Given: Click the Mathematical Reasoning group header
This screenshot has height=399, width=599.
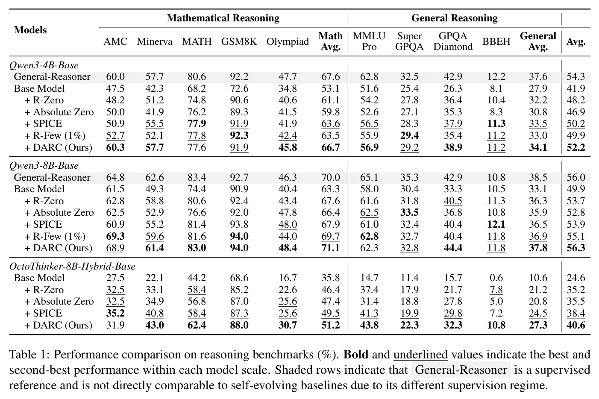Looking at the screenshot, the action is click(223, 18).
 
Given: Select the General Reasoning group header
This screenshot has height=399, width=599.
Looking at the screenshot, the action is click(454, 18).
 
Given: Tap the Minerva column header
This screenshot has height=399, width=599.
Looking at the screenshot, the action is click(155, 41).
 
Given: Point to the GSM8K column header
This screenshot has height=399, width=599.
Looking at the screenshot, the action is click(239, 41).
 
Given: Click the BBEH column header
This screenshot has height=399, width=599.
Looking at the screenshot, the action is click(496, 41).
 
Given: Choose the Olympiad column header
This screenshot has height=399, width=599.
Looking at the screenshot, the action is click(288, 42).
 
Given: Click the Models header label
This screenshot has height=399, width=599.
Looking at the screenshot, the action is click(30, 30).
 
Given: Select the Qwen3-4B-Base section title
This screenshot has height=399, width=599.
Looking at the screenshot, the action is click(44, 65).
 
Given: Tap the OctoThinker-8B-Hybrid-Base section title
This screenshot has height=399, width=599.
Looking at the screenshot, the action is click(72, 267).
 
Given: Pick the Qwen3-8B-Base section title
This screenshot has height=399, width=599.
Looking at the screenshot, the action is click(44, 166).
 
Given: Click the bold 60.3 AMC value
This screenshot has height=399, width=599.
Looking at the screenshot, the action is click(115, 147).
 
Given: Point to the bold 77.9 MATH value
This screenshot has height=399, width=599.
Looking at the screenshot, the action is click(197, 123).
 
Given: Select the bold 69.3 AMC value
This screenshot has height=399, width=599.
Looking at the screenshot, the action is click(115, 236).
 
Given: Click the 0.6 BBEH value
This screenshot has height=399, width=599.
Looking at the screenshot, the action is click(496, 278).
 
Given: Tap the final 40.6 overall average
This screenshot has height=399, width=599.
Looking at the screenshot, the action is click(576, 325).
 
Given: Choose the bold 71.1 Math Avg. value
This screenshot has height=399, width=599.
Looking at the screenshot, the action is click(331, 248).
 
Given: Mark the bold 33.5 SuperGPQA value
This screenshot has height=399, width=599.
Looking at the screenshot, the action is click(409, 212).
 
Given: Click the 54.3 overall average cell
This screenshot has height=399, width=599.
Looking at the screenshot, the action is click(576, 77).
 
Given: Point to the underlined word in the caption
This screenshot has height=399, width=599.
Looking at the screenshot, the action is click(421, 355).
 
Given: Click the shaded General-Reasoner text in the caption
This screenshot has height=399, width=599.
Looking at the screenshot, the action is click(461, 370).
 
